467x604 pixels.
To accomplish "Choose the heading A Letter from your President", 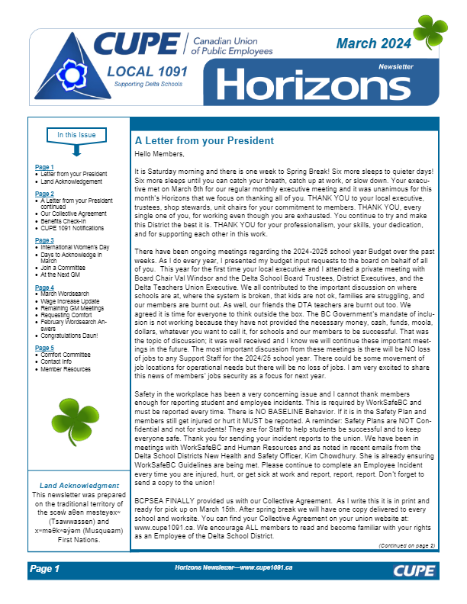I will coord(204,141).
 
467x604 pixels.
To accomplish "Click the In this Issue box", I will coord(77,136).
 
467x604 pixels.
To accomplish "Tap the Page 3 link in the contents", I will coord(44,240).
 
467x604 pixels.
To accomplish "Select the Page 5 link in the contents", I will coord(44,347).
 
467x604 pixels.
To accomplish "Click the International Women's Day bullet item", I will coord(76,248).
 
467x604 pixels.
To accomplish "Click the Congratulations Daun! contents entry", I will coord(73,335).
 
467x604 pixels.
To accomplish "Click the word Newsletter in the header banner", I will coord(395,67).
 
